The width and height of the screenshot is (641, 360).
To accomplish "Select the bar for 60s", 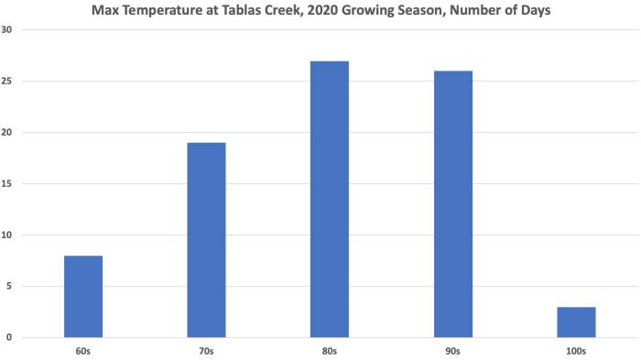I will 83,296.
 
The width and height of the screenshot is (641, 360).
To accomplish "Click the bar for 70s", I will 206,240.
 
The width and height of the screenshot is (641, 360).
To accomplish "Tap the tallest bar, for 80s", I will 330,199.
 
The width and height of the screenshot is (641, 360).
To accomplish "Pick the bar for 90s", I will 453,203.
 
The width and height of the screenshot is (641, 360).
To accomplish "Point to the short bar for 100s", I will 576,322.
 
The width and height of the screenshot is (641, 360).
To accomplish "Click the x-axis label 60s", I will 83,351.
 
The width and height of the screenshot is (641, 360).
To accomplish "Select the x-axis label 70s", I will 206,351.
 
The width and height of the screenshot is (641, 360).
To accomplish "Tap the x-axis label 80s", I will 330,351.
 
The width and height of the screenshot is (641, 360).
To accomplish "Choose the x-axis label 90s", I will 453,351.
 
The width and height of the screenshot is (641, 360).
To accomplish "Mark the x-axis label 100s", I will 576,351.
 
